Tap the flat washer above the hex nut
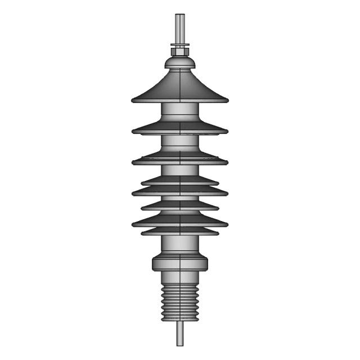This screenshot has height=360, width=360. (180, 46)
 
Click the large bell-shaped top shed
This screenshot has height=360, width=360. (180, 87)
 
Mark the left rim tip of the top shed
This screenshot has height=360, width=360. (133, 101)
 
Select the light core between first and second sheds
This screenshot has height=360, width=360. (180, 111)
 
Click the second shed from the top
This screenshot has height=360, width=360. (180, 128)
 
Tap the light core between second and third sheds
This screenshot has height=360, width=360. (180, 143)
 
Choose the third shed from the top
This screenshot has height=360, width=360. (180, 159)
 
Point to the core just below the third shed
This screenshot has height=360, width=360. (180, 170)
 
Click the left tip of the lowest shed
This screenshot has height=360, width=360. (142, 232)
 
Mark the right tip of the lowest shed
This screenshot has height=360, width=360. (218, 232)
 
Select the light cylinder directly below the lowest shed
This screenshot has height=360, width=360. (180, 244)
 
